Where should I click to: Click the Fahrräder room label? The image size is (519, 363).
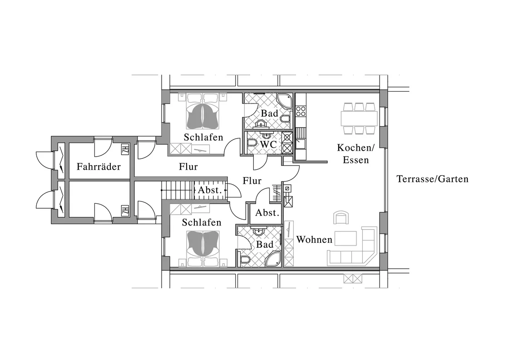(x=99, y=167)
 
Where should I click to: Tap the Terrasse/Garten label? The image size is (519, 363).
(x=433, y=179)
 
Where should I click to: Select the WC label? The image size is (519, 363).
(x=268, y=145)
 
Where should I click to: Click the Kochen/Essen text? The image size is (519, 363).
(x=356, y=154)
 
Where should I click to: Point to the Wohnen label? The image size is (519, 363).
(x=314, y=239)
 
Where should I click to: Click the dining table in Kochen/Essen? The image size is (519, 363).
(x=359, y=118)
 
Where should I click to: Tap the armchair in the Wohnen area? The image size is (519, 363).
(x=341, y=218)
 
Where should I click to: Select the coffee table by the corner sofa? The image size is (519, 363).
(x=346, y=238)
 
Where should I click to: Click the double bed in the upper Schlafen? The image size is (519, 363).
(x=203, y=112)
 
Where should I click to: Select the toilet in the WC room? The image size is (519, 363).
(x=252, y=142)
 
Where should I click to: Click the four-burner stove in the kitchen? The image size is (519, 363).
(x=301, y=111)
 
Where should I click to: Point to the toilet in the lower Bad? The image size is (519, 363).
(x=244, y=260)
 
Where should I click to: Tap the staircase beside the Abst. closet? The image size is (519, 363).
(x=177, y=190)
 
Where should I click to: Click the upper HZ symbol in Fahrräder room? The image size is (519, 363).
(x=125, y=149)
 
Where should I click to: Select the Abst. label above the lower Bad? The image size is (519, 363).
(x=267, y=213)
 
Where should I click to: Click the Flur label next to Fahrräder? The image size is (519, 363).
(x=188, y=167)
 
